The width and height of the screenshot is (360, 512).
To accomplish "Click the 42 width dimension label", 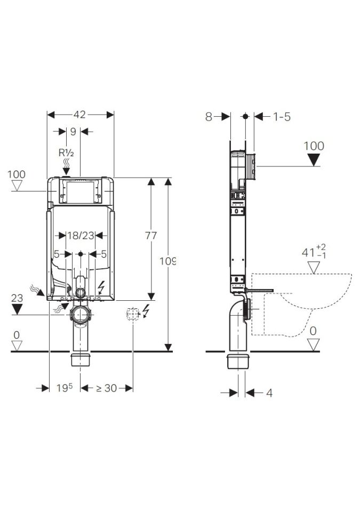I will point(80,115).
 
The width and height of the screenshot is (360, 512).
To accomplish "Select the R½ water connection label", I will point(66,152).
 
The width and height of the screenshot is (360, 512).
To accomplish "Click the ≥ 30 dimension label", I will point(106,388).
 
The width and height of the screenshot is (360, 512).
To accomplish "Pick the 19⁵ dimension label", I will point(65,388).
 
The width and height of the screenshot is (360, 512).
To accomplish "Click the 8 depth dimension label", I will point(209,117).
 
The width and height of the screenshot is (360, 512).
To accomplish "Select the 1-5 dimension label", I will point(282,117).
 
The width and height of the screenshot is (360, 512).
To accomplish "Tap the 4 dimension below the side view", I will point(269,393).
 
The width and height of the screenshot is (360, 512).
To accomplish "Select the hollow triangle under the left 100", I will point(18,186).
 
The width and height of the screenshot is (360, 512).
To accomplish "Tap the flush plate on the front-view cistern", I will point(80,191).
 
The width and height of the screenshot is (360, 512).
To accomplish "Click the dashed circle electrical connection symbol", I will point(131,314).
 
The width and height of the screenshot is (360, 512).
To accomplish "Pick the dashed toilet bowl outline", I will point(301,304).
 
